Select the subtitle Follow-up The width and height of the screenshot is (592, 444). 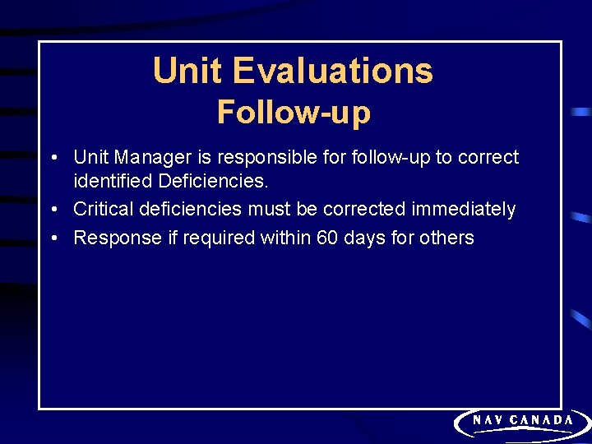click(x=294, y=112)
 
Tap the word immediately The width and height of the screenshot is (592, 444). click(x=464, y=210)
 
